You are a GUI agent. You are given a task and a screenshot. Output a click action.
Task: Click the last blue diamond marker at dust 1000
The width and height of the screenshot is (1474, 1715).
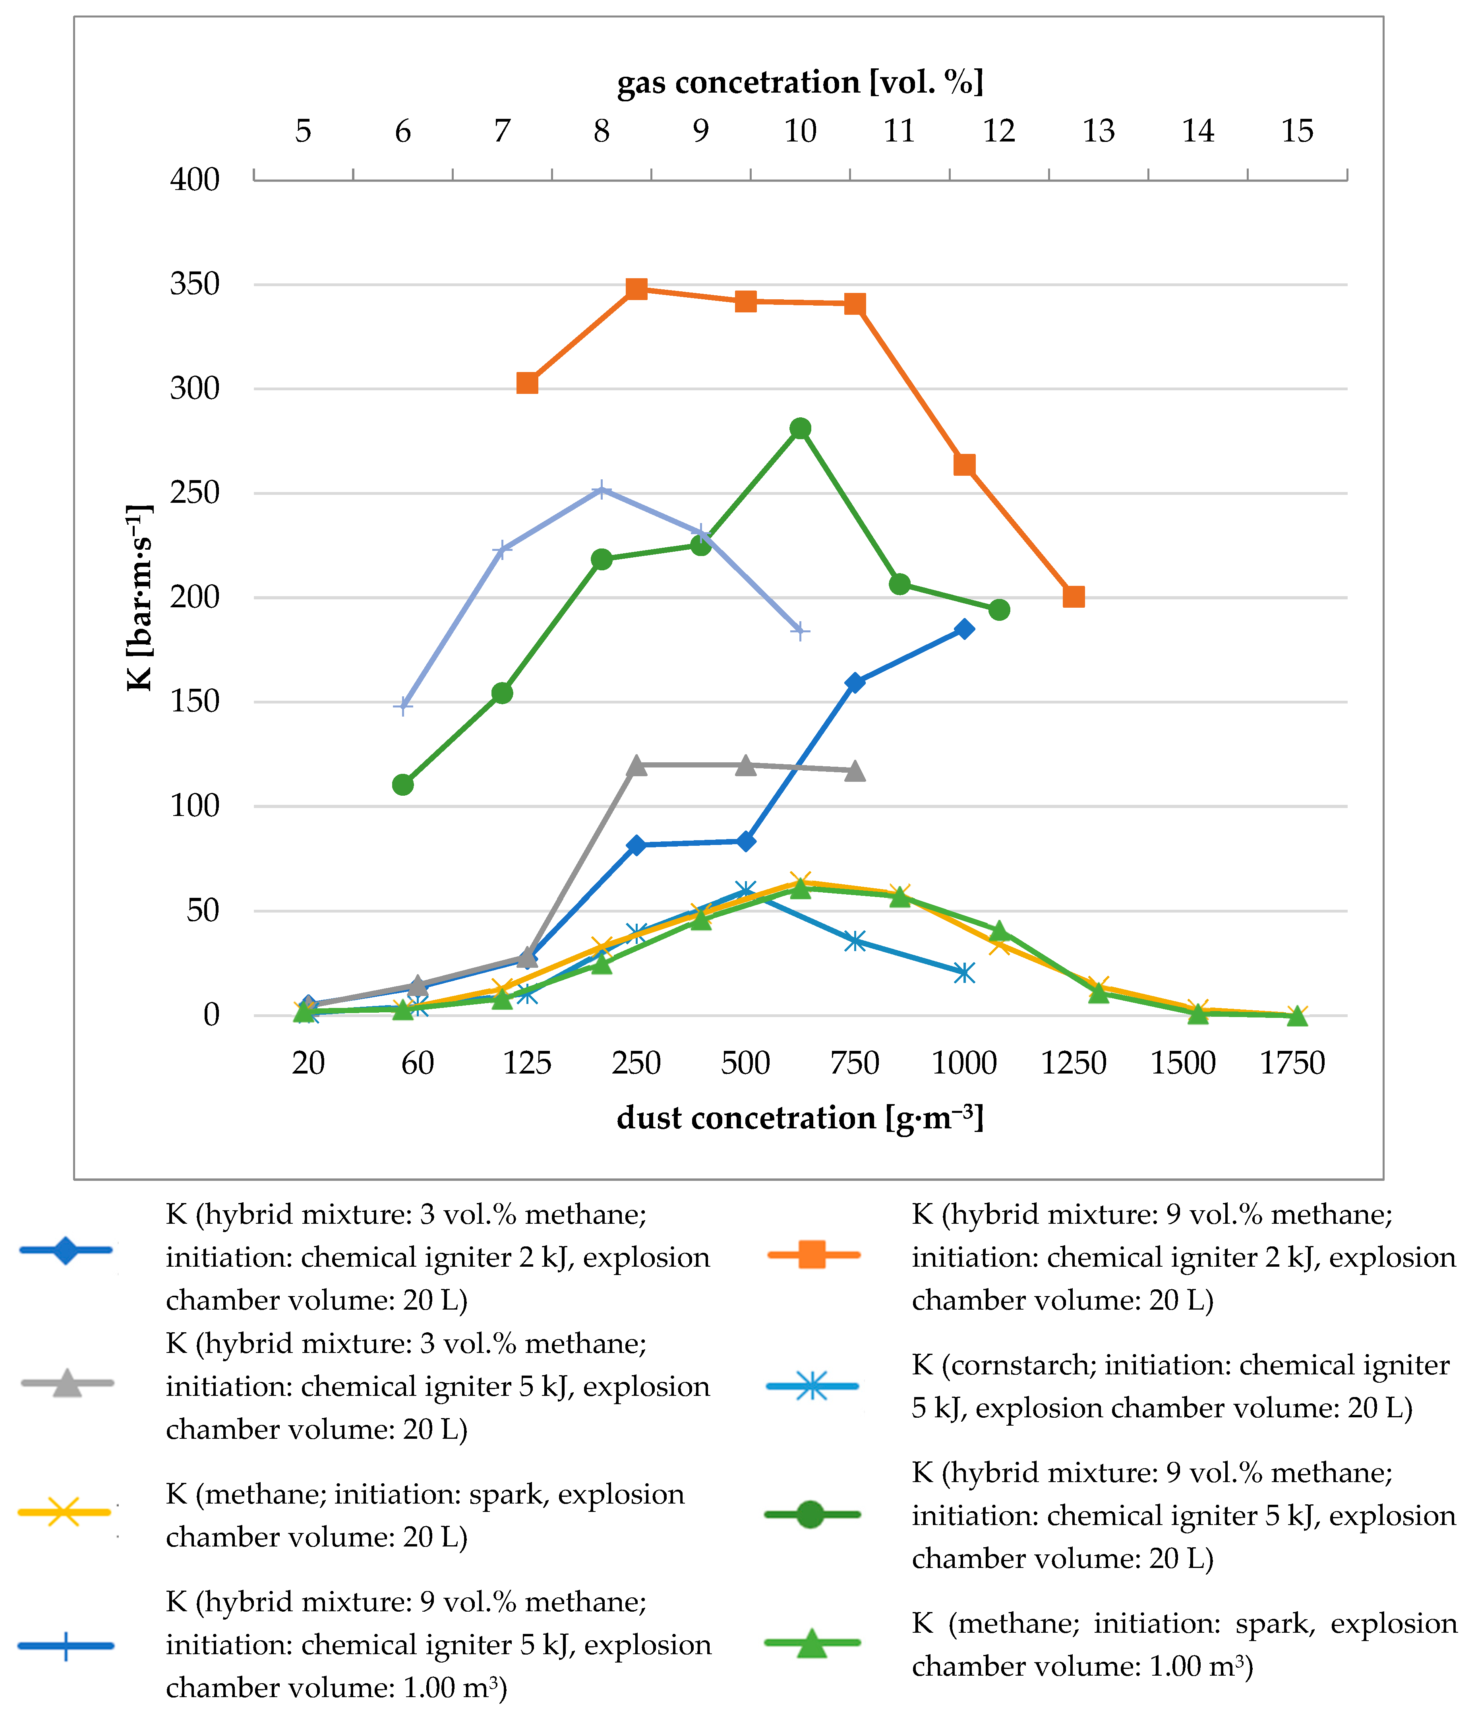pyautogui.click(x=964, y=629)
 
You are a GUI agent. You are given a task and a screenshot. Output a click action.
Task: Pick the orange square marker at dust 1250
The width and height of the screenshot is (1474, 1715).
pyautogui.click(x=1074, y=597)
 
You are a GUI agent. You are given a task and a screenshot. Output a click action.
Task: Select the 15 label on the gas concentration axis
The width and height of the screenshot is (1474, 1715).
pyautogui.click(x=1297, y=131)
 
